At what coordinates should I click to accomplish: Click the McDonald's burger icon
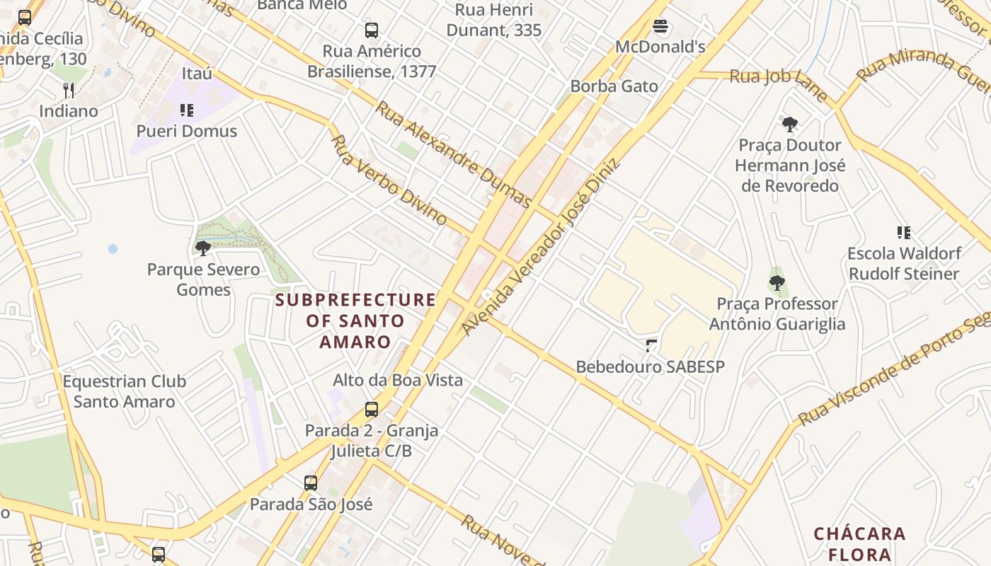(x=660, y=27)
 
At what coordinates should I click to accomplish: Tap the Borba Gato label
(x=614, y=86)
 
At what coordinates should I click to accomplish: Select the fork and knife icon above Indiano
(x=69, y=90)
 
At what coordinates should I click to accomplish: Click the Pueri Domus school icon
(x=187, y=110)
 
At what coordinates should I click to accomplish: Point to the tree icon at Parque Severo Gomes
(x=203, y=248)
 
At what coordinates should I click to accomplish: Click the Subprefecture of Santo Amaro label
(x=355, y=320)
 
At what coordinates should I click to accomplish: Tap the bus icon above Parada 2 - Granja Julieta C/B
(x=372, y=409)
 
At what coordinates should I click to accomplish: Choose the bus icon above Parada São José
(x=311, y=483)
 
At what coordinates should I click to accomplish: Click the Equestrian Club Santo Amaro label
(x=125, y=391)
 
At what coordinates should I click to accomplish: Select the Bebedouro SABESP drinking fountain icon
(x=651, y=345)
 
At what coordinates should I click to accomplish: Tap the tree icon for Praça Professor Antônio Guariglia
(x=777, y=283)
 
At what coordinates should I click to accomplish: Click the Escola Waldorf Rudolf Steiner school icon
(x=903, y=232)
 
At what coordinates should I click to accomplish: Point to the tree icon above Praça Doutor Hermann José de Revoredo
(x=790, y=125)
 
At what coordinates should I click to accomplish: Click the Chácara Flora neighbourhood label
(x=859, y=543)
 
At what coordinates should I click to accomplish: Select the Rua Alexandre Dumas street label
(x=452, y=154)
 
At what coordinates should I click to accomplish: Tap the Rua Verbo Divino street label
(x=389, y=180)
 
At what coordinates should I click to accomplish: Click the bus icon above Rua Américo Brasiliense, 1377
(x=372, y=30)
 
